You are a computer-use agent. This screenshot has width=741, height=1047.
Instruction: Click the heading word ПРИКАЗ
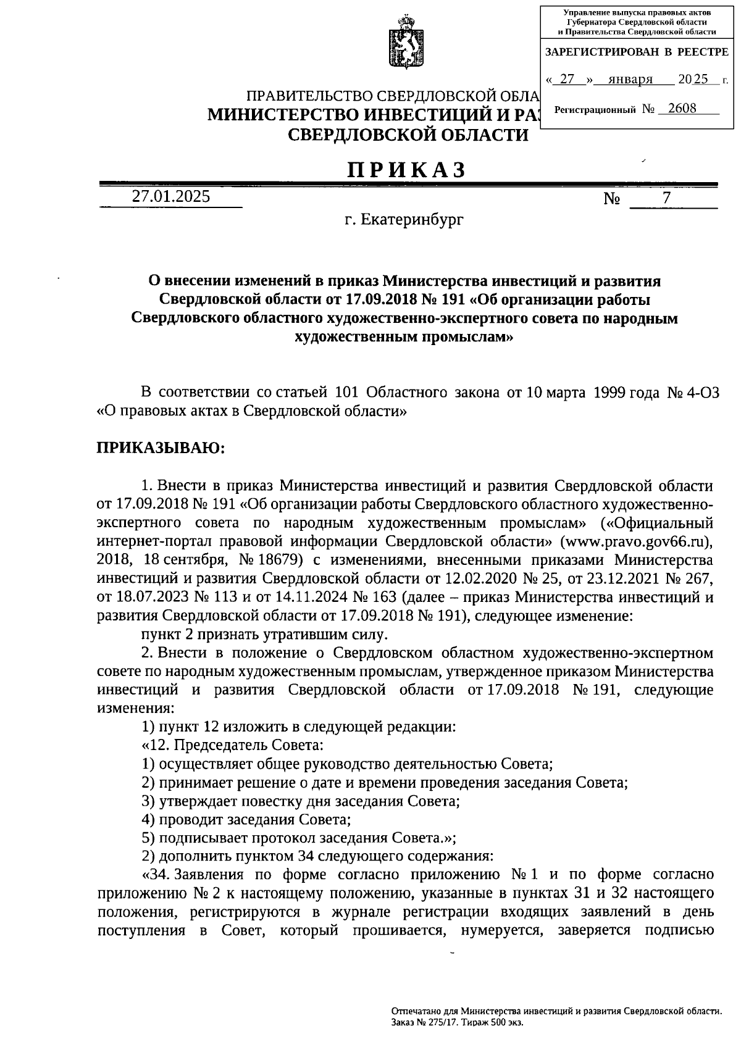(405, 170)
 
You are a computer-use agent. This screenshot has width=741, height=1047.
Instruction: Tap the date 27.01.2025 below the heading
(170, 196)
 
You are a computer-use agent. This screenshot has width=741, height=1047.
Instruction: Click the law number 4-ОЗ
(703, 393)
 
